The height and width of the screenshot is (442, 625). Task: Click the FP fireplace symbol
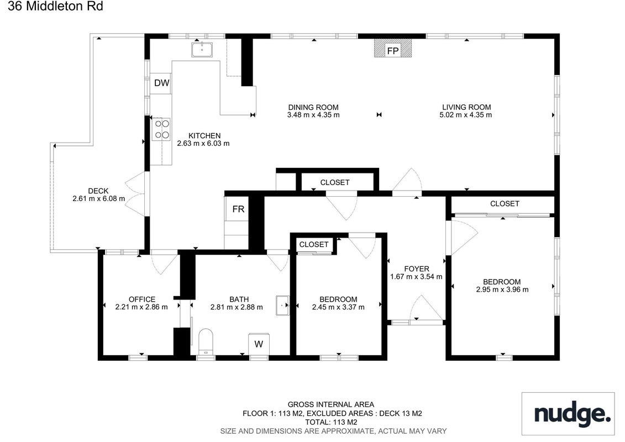pos(392,48)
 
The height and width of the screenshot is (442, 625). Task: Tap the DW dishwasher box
pos(161,83)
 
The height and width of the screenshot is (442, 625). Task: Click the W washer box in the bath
pos(258,344)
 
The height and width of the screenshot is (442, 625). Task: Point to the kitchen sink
pos(202,49)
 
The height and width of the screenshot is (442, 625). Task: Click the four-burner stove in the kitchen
pos(161,129)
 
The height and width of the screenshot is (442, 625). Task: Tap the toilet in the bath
pos(206,341)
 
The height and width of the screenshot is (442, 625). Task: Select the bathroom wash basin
pos(282,306)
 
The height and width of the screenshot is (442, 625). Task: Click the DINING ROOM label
pos(313,107)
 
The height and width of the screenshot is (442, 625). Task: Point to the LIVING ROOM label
pos(466,107)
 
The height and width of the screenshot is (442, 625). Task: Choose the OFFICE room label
pos(142,299)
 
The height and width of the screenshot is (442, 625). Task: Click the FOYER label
pos(416,269)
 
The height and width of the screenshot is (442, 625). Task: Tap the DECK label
pos(98,191)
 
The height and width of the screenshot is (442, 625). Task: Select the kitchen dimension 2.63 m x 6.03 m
pos(203,144)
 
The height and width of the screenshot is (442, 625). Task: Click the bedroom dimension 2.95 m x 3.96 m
pos(502,290)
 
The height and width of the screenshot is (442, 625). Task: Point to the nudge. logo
pos(572,414)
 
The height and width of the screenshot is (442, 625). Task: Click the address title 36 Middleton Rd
pos(55,7)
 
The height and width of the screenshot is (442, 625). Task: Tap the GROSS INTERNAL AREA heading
pos(331,404)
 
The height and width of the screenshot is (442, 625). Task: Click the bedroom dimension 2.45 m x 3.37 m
pos(338,307)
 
